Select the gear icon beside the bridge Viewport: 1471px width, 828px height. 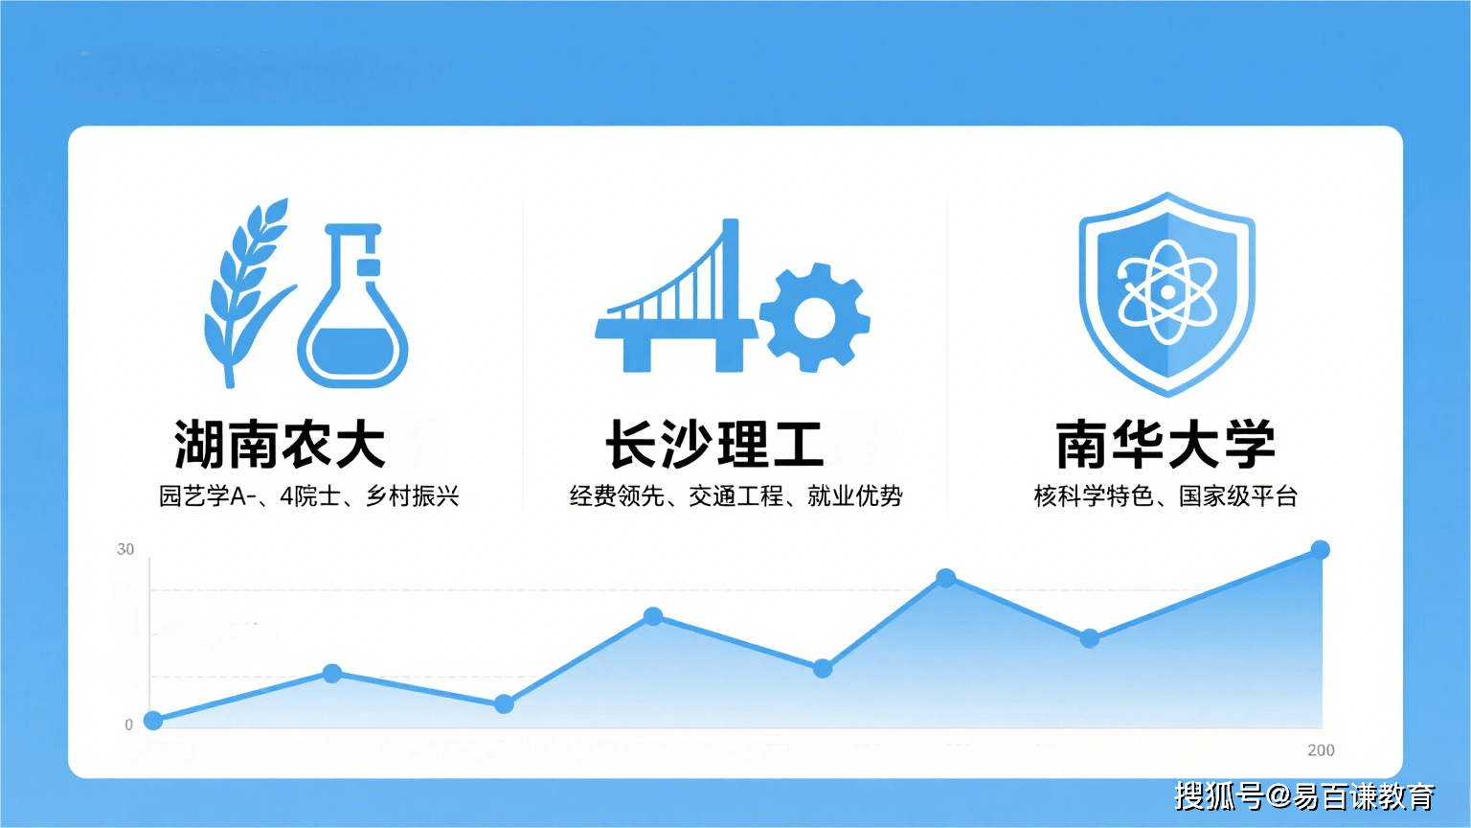point(814,317)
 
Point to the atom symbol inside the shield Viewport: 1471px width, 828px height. point(1167,291)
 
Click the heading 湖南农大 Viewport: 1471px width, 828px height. point(280,445)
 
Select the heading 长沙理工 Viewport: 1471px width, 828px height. point(713,445)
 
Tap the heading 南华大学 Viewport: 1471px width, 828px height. point(1165,445)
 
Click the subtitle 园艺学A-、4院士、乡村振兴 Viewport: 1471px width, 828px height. point(308,496)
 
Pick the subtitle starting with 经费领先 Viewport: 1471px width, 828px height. point(736,496)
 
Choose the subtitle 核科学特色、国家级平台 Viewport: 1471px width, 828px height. point(1165,496)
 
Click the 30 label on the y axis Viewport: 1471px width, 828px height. point(125,549)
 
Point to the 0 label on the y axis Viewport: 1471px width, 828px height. point(128,724)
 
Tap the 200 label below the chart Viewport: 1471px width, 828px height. point(1321,750)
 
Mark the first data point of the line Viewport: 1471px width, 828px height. point(153,721)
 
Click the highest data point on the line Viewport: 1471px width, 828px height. point(1320,550)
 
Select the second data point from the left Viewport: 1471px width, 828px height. point(332,674)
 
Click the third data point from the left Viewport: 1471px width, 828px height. point(504,703)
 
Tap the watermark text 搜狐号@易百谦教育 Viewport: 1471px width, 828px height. point(1305,796)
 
